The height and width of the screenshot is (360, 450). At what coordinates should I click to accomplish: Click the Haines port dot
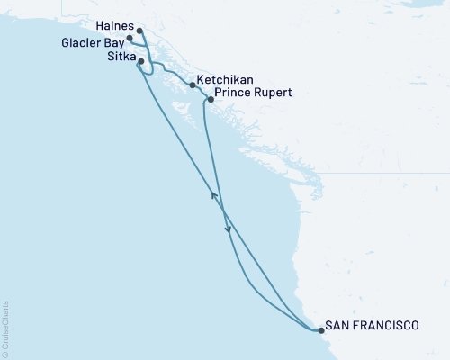coord(139,30)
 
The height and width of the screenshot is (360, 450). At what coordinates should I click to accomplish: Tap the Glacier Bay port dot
coord(130,39)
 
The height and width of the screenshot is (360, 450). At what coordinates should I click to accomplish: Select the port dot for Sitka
coord(139,60)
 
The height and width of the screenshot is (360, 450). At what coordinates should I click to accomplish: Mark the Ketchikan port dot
coord(192,85)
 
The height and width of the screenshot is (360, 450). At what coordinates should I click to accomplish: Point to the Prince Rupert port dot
coord(210,99)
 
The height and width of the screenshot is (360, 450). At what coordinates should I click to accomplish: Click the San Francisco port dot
coord(319,330)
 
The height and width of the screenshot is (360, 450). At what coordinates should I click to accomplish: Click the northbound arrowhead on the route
coord(214,193)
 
